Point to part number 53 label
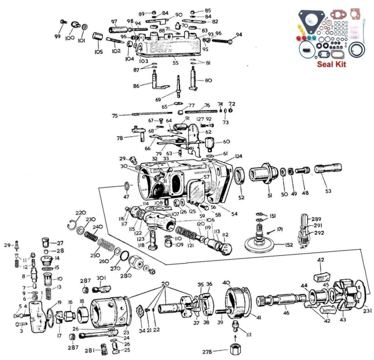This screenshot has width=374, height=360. point(328,191)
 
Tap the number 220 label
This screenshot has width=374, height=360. point(80,213)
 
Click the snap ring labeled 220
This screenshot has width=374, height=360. point(73,226)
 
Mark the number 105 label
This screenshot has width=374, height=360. point(98,52)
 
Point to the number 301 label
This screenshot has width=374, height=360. point(101,277)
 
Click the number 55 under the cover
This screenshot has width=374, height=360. point(176,63)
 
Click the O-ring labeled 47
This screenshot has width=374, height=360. point(126,185)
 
